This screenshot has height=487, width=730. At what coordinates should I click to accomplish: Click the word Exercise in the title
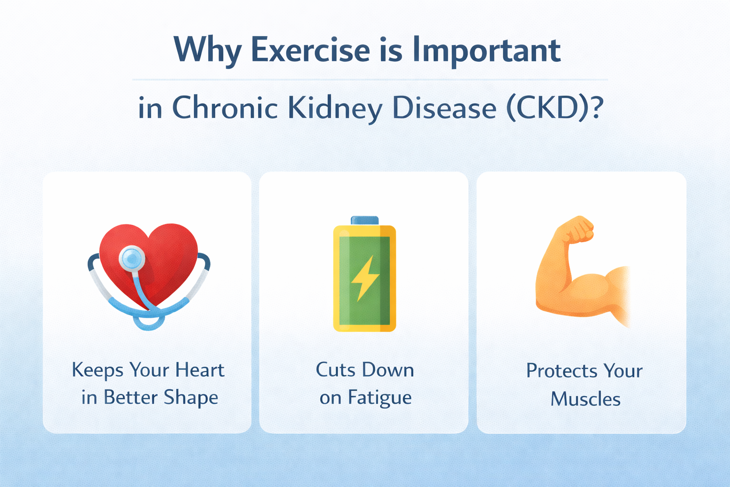pos(310,50)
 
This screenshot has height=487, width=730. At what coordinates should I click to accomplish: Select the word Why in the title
pos(208,50)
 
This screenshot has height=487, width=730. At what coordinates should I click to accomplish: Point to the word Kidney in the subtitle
pos(335,108)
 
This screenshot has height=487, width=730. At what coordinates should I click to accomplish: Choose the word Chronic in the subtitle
pos(224,108)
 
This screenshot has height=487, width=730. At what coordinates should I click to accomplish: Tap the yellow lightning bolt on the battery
pos(365,279)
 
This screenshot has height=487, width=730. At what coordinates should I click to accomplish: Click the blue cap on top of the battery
pos(365,220)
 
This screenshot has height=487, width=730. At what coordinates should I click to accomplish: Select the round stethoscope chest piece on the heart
pos(132,258)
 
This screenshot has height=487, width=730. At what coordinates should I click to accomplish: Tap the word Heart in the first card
pos(200,370)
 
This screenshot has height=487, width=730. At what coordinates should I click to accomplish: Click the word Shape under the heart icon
pos(191,398)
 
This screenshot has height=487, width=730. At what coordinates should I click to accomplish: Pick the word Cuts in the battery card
pos(335,370)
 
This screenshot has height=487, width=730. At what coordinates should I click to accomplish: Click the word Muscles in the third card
pos(586,399)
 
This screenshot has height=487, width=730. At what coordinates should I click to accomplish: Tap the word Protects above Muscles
pos(561,371)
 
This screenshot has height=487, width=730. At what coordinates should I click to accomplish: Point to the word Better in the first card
pos(131,398)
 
